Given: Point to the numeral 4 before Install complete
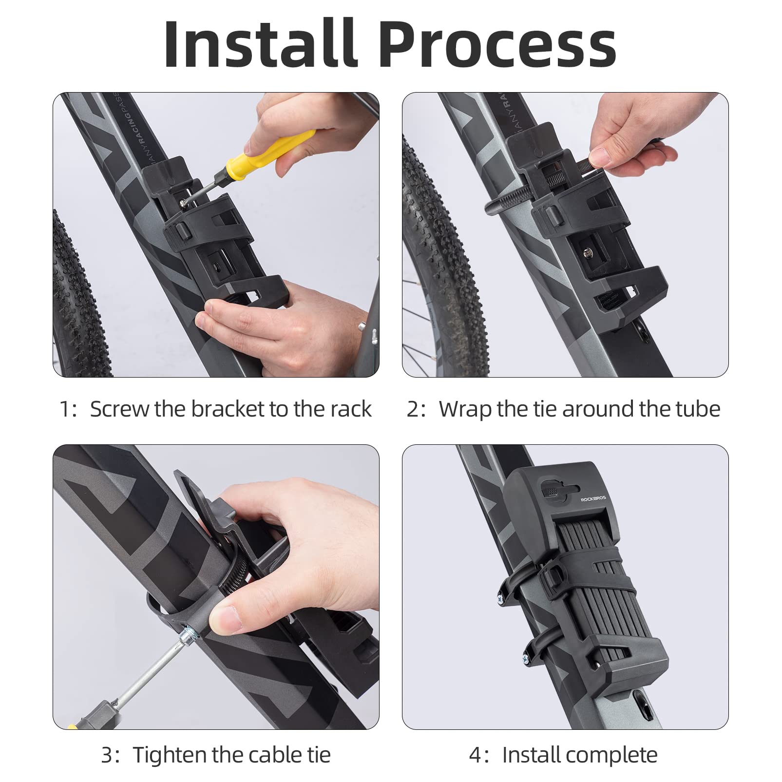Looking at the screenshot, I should [x=475, y=756].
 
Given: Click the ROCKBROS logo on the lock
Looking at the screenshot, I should [x=593, y=498].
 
